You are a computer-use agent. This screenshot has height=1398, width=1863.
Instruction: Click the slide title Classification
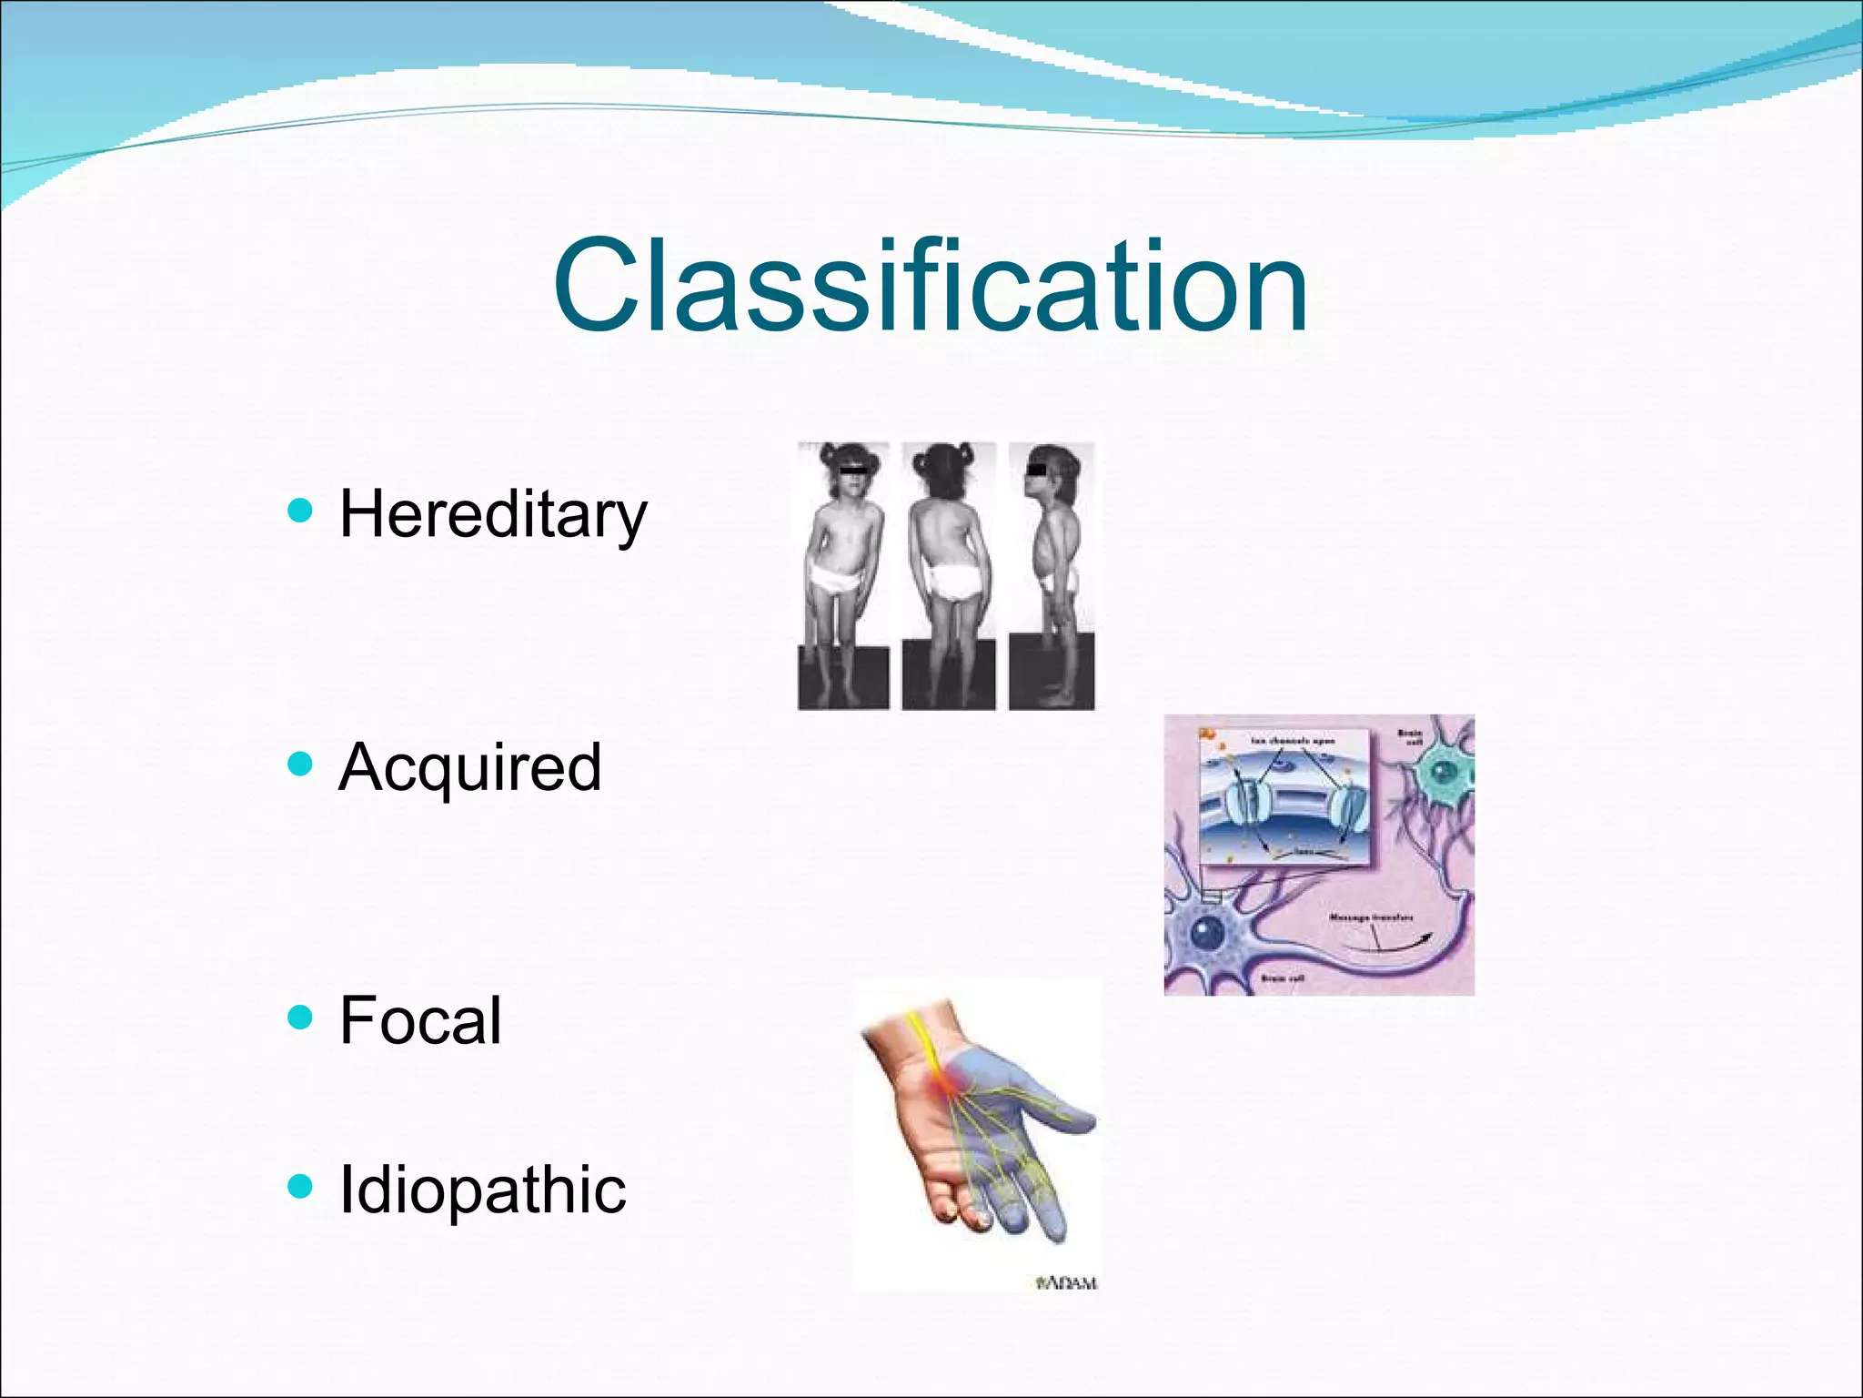(930, 286)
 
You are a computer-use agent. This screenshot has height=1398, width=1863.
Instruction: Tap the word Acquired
(469, 767)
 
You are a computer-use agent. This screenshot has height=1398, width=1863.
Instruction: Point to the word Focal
(419, 1020)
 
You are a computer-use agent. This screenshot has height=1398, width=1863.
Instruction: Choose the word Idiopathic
(482, 1190)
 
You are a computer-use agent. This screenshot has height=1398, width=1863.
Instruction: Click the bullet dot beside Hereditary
(299, 511)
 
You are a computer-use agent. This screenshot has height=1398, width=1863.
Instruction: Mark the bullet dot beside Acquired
(299, 763)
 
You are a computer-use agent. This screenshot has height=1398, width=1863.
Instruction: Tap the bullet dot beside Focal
(299, 1016)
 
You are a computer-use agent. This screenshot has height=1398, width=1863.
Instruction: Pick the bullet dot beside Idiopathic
(299, 1186)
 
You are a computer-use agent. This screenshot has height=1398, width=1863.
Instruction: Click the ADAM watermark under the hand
(1068, 1282)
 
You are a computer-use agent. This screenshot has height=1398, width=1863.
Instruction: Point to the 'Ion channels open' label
(1292, 742)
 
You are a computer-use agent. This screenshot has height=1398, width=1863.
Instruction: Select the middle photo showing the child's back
(948, 575)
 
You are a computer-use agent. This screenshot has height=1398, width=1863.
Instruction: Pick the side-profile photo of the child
(1052, 575)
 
